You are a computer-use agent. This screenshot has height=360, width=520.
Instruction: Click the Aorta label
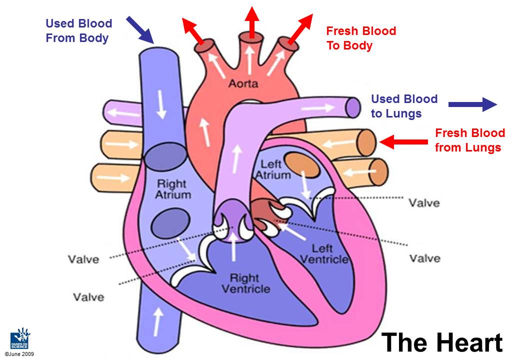pos(243,83)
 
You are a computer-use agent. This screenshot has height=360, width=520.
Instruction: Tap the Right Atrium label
pos(173,188)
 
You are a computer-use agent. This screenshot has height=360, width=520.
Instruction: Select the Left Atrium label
pos(272,169)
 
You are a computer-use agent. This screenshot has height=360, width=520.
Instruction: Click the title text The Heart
pos(442,342)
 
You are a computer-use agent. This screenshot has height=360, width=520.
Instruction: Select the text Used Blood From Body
pos(79,30)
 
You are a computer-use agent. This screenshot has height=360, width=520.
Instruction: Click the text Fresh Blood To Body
pos(360,38)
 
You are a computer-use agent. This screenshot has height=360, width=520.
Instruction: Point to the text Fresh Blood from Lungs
pos(469,140)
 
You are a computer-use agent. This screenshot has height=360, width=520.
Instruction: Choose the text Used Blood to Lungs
pos(404,106)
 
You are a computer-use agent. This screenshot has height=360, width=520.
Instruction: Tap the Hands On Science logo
pos(20,338)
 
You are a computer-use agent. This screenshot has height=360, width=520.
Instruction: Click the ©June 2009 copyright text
pos(19,354)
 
